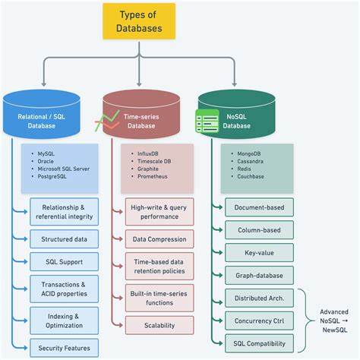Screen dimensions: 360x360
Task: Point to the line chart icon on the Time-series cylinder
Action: (108, 121)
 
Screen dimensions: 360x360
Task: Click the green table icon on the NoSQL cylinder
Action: (207, 120)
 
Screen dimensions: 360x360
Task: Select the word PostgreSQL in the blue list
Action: (58, 176)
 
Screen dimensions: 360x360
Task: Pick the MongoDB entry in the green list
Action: (251, 154)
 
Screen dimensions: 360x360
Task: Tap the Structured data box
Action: (65, 239)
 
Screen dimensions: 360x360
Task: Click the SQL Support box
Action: (65, 262)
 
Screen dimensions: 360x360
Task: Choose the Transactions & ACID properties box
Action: (65, 289)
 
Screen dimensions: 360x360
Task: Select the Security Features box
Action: (65, 349)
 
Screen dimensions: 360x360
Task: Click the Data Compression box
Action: (159, 239)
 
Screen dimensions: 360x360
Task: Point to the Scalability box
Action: (159, 325)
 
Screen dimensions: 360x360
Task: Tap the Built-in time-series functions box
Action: (159, 297)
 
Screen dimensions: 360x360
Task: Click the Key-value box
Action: (259, 252)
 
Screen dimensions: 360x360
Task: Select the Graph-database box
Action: (259, 276)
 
